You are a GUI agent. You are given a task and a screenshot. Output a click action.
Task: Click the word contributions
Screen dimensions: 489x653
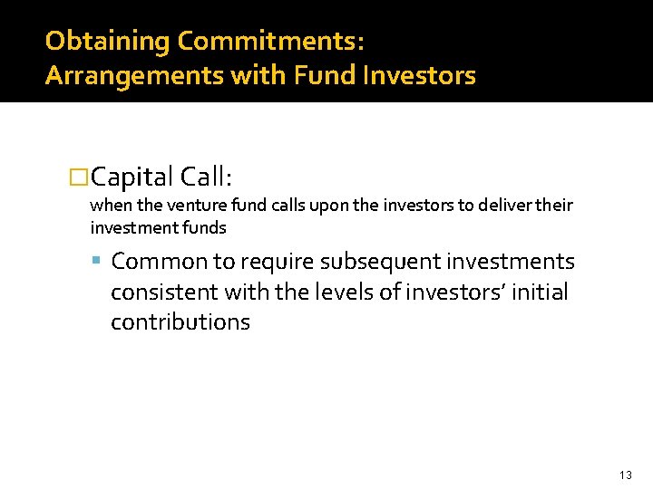click(x=180, y=322)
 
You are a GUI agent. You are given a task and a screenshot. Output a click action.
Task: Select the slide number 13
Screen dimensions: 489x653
click(x=625, y=475)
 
